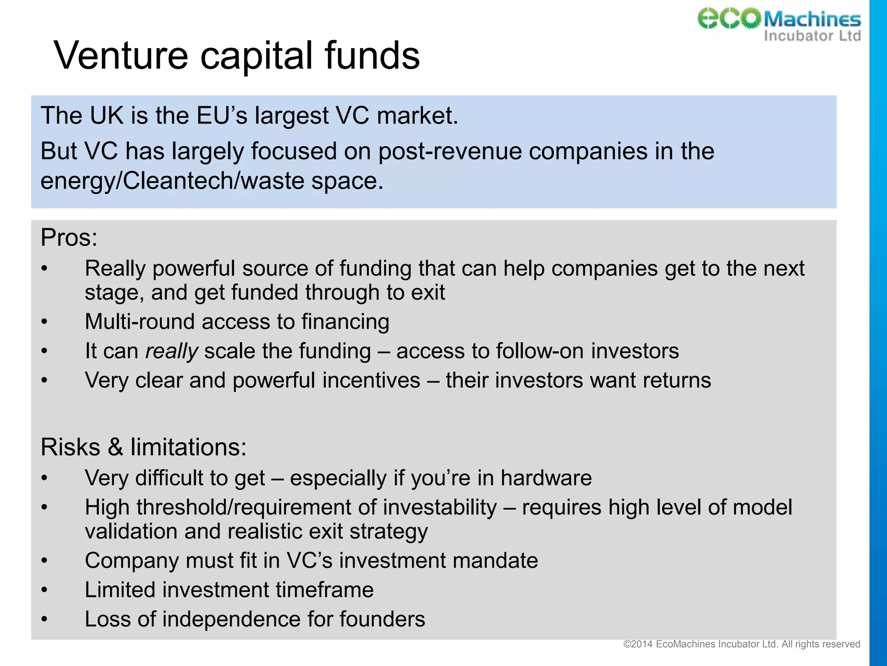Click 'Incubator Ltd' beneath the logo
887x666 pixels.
[x=812, y=36]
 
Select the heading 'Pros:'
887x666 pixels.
[x=69, y=238]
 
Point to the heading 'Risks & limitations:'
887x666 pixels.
[x=143, y=447]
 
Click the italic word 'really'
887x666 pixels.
[x=172, y=351]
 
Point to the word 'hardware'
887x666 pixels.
[x=546, y=478]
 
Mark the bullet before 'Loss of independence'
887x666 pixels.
[x=44, y=619]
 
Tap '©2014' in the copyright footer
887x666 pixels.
[x=638, y=644]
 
